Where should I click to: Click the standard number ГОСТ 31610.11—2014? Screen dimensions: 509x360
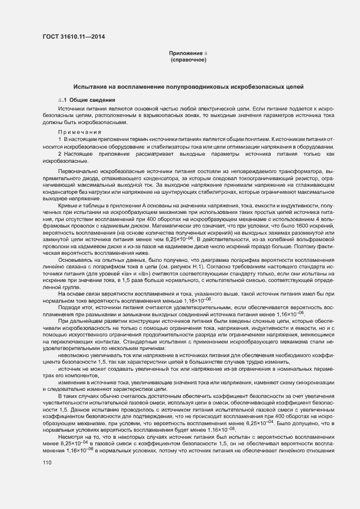[74, 36]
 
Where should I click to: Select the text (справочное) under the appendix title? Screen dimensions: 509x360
[188, 60]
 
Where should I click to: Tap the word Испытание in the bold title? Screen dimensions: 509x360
[92, 87]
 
